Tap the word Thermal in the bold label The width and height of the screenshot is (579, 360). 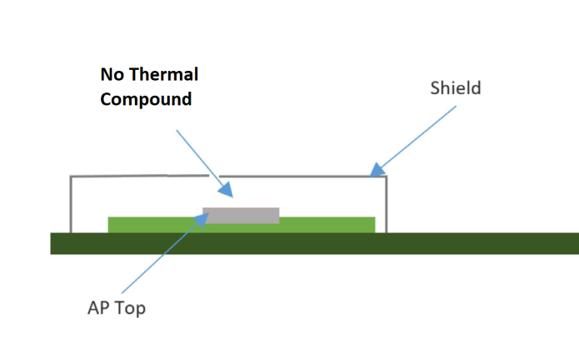[164, 75]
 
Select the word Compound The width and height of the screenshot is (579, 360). [146, 99]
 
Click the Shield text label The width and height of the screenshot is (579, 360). [456, 87]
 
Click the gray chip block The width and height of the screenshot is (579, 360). [241, 215]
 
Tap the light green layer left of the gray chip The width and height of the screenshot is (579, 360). [155, 225]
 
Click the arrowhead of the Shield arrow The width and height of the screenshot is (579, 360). [377, 170]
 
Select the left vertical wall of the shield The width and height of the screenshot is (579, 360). [71, 204]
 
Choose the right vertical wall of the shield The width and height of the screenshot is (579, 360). [386, 204]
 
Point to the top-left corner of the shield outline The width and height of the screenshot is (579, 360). [71, 177]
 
